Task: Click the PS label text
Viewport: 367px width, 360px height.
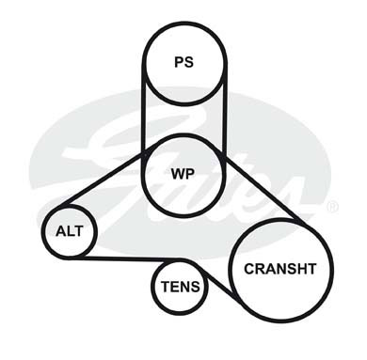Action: coord(183,62)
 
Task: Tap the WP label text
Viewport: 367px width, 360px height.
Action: coord(183,173)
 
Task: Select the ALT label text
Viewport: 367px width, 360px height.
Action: coord(70,231)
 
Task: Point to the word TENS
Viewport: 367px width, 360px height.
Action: coord(181,287)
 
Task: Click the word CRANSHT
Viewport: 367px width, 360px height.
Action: coord(280,269)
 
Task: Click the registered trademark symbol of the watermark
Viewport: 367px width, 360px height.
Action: coord(332,207)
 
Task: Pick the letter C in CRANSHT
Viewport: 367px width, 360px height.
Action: coord(249,269)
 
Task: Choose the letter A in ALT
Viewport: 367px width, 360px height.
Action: coord(61,231)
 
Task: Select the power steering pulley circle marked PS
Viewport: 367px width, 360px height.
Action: coord(184,23)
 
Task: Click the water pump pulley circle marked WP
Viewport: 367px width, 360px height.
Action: coord(183,134)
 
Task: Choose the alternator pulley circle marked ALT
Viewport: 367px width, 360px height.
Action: coord(70,206)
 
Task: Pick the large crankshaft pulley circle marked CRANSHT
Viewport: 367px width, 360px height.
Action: coord(280,220)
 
